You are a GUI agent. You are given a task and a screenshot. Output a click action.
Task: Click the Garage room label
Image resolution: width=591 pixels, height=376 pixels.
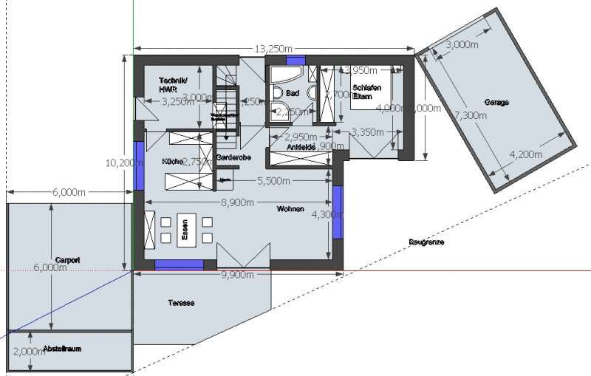pyautogui.click(x=497, y=102)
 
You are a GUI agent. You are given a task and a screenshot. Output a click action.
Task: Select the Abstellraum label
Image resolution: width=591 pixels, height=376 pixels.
pyautogui.click(x=61, y=347)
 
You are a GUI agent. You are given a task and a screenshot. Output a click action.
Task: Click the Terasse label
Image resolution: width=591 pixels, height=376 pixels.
pyautogui.click(x=181, y=303)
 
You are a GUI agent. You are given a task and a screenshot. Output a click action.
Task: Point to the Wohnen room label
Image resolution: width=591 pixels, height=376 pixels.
pyautogui.click(x=291, y=209)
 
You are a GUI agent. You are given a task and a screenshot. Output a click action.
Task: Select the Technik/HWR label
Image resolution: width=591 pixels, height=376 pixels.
pyautogui.click(x=173, y=84)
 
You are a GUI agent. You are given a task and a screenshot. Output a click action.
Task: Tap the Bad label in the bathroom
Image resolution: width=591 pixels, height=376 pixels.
pyautogui.click(x=292, y=94)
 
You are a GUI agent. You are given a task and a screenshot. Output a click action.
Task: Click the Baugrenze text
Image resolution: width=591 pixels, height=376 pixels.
pyautogui.click(x=426, y=242)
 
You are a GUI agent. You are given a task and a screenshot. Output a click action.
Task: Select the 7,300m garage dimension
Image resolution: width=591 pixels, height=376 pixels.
pyautogui.click(x=471, y=115)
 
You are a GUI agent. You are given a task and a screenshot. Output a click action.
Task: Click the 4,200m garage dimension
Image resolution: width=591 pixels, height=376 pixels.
pyautogui.click(x=526, y=154)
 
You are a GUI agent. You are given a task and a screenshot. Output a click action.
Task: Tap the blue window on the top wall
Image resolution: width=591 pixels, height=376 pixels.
pyautogui.click(x=295, y=60)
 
